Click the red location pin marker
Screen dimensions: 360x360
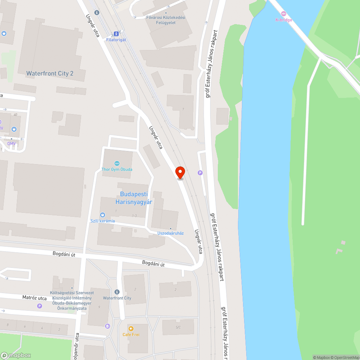coord(180,172)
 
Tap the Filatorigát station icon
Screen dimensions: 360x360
coord(116,34)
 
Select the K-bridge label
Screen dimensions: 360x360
coord(284,20)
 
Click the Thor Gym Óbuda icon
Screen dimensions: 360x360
coord(117,163)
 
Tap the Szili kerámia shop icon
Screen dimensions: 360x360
coord(103,215)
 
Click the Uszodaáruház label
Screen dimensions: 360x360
coord(170,233)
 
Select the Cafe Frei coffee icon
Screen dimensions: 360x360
coord(131,329)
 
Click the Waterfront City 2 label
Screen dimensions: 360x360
coord(50,73)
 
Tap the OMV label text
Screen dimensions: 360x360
coord(12,144)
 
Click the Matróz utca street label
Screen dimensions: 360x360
coord(35,298)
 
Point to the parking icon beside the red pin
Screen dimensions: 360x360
coord(200,173)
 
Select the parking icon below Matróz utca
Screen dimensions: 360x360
coord(40,306)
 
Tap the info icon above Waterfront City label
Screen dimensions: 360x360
coord(117,292)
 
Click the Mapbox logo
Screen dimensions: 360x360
coord(16,355)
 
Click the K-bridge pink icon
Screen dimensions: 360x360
coord(284,13)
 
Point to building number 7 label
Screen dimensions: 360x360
coord(183,109)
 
